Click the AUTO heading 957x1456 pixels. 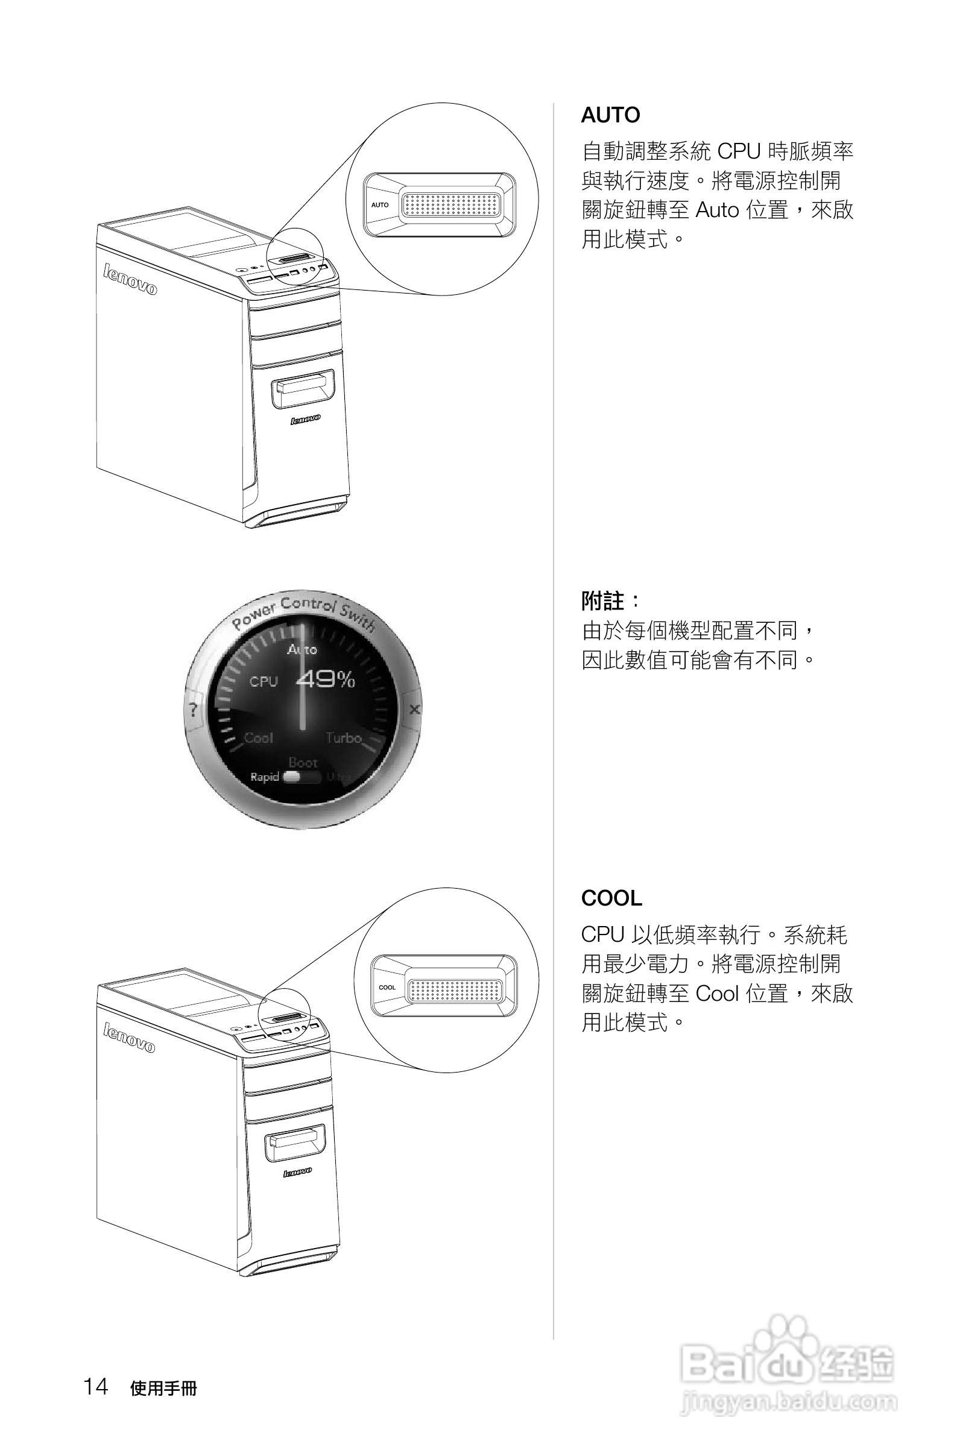coord(610,115)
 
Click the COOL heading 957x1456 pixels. coord(611,898)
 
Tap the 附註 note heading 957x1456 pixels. coord(603,600)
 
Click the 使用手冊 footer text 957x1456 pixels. coord(163,1388)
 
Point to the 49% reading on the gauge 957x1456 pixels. coord(326,679)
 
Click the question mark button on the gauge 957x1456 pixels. coord(194,710)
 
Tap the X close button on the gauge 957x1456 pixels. coord(414,709)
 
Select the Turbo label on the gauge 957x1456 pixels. coord(343,738)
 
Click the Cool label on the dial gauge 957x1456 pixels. coord(258,738)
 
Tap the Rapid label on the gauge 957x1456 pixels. coord(264,777)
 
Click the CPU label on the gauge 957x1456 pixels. coord(264,681)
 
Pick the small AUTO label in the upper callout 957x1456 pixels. coord(380,205)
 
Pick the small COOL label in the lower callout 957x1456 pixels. coord(387,988)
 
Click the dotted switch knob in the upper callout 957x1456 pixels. coord(451,206)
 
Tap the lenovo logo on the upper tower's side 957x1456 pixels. coord(130,280)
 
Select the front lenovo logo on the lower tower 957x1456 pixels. coord(297,1171)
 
